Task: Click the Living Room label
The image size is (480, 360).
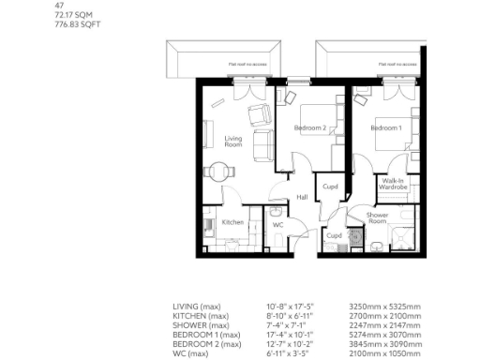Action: (x=233, y=142)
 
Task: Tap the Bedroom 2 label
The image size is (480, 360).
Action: (x=309, y=127)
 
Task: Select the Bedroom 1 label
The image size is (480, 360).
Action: (x=385, y=127)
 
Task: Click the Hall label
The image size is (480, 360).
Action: (x=302, y=198)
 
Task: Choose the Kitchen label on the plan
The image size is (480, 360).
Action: (x=232, y=222)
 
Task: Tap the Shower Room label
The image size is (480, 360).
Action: (x=378, y=219)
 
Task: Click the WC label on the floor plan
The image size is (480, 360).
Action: (x=278, y=225)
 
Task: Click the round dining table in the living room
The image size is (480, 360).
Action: (x=218, y=171)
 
